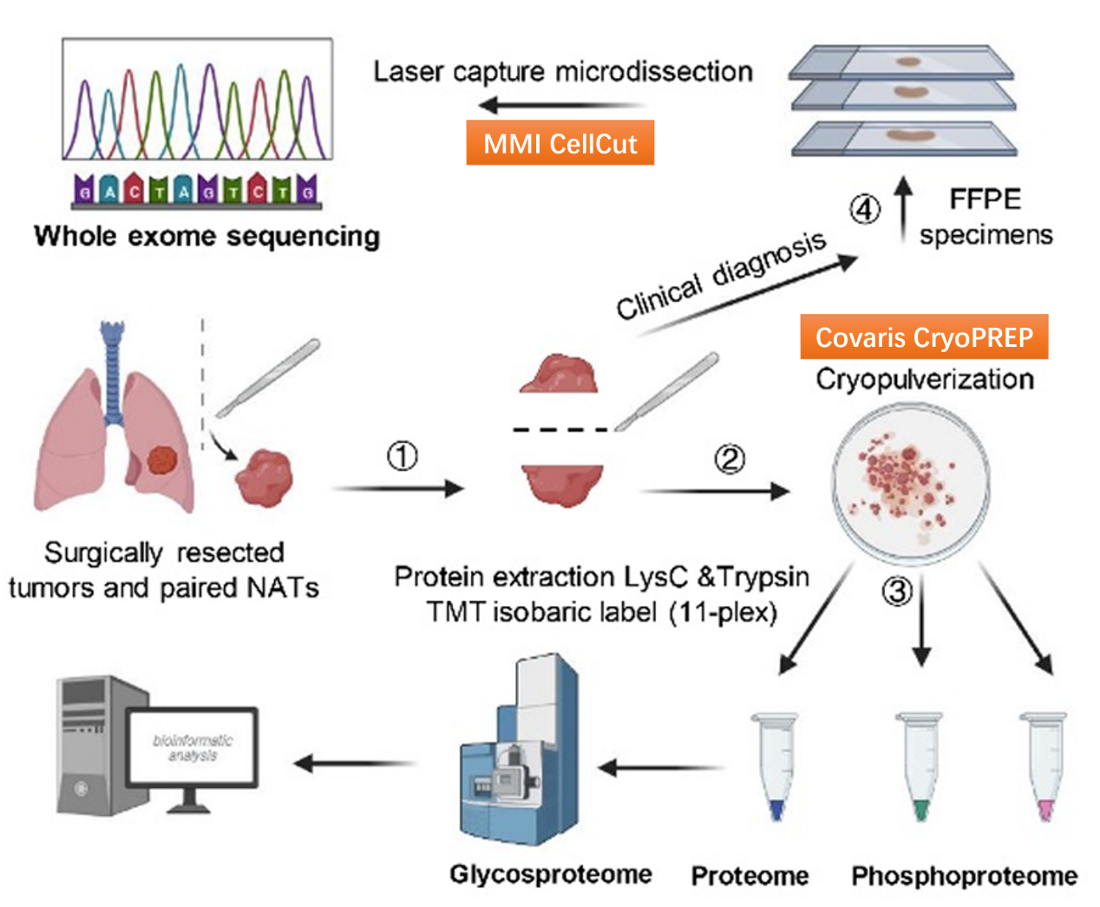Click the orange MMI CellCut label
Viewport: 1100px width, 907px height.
click(560, 143)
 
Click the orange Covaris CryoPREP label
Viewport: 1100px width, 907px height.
click(924, 337)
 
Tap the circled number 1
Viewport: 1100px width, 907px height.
click(402, 456)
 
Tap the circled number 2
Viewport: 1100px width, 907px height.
click(730, 459)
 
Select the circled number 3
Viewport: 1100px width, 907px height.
click(897, 591)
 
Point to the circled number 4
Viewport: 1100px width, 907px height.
click(864, 209)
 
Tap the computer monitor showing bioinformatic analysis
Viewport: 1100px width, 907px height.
click(193, 747)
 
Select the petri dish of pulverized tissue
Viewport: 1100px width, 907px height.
click(910, 485)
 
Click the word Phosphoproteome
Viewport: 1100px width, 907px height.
click(964, 876)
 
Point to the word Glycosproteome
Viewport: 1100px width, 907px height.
click(550, 874)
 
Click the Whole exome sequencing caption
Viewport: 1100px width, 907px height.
click(206, 236)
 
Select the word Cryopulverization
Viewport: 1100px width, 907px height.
click(925, 379)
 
